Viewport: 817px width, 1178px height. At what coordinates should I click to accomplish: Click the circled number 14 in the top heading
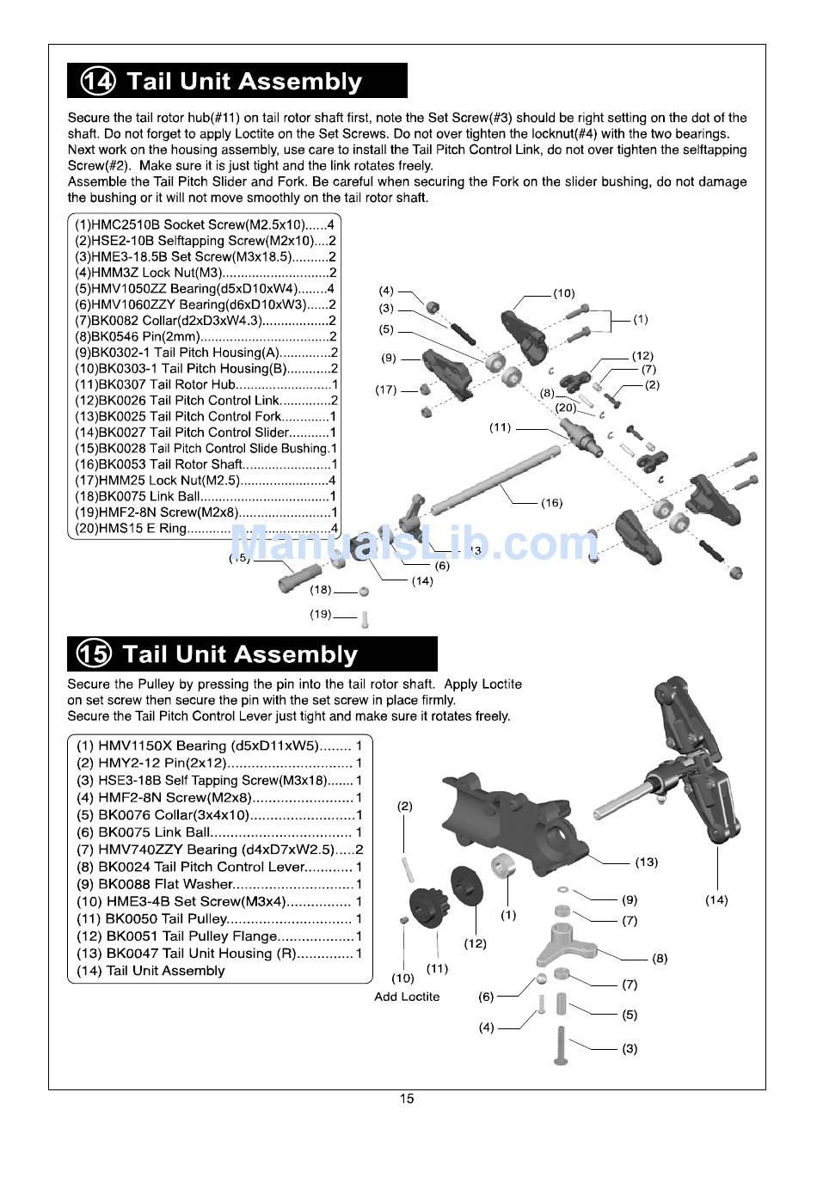click(x=98, y=81)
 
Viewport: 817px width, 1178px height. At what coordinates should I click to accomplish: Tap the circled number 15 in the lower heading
click(x=95, y=653)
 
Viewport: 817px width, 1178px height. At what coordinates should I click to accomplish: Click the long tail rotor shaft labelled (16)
click(x=495, y=479)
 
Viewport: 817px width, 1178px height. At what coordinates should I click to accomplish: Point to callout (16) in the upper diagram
click(x=551, y=503)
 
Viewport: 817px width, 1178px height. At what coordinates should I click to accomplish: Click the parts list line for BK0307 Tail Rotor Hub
click(x=206, y=384)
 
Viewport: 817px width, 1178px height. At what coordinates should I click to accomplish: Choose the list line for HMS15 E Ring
click(x=206, y=528)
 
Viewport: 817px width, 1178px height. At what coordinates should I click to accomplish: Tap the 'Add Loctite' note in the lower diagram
click(x=407, y=997)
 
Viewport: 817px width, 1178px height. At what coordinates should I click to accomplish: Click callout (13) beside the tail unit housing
click(x=646, y=862)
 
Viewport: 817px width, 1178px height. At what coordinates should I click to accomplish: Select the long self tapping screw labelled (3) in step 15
click(x=560, y=1046)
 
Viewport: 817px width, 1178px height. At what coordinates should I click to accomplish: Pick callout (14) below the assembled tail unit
click(x=716, y=899)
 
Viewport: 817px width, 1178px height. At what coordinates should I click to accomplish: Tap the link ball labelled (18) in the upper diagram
click(x=364, y=592)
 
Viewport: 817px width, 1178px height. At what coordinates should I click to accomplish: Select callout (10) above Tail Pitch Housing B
click(x=564, y=293)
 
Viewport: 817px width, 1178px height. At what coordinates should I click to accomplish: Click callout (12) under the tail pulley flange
click(x=475, y=943)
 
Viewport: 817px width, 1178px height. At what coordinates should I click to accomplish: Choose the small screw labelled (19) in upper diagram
click(x=365, y=619)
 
